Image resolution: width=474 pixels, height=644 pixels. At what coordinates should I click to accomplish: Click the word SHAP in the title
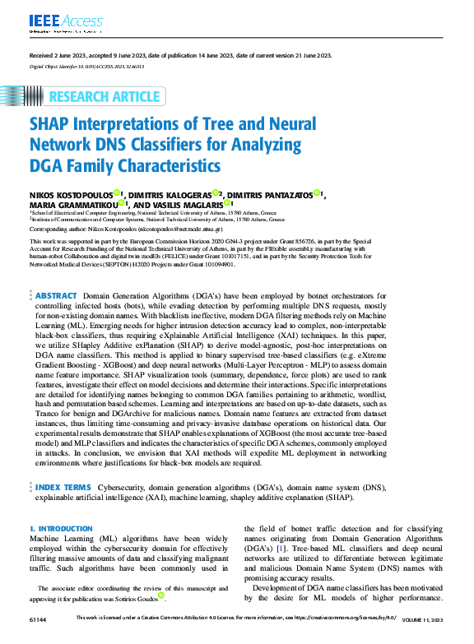[52, 124]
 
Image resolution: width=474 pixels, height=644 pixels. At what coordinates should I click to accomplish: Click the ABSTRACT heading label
[57, 295]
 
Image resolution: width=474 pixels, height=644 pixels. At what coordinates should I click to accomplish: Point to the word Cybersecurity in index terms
[122, 488]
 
